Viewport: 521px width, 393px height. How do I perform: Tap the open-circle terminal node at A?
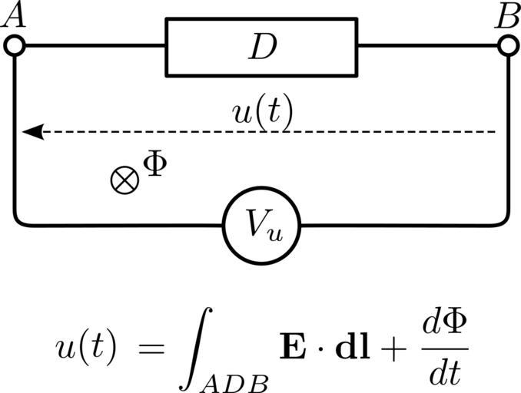coord(15,46)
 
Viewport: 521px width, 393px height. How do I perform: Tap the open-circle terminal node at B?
coord(507,46)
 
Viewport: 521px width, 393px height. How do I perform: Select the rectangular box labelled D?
coord(261,48)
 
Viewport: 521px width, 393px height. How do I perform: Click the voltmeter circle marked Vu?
coord(261,225)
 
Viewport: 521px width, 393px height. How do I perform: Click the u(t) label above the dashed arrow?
coord(262,113)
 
